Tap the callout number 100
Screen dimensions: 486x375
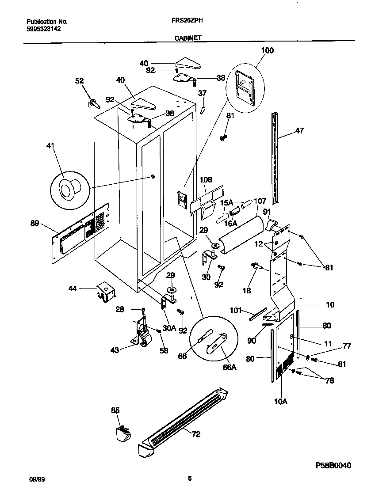267,50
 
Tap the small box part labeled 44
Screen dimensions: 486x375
106,292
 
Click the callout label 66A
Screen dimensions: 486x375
229,366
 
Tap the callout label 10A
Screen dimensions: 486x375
280,401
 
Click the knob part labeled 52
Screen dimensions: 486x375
93,103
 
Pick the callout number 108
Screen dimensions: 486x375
206,180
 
